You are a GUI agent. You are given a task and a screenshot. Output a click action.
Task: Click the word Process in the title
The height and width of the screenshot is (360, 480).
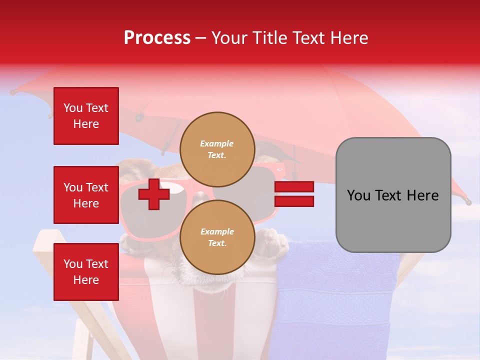pos(157,38)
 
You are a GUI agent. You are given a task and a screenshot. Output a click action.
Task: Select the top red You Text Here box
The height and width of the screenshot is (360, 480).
pos(86,116)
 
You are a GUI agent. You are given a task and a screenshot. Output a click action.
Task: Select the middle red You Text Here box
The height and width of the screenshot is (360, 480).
pos(86,195)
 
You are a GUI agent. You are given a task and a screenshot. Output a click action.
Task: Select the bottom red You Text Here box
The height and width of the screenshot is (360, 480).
pos(86,272)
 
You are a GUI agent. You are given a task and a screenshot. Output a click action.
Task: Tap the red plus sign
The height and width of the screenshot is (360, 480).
pos(154,194)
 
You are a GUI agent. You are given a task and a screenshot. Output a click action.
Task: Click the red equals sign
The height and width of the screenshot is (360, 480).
pos(294,194)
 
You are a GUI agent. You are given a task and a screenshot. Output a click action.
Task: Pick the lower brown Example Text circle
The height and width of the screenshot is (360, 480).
pos(216,237)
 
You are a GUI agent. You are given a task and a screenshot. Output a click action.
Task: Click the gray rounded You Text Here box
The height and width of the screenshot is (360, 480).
pos(393,195)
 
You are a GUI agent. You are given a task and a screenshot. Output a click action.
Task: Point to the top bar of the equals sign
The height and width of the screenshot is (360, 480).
pos(294,187)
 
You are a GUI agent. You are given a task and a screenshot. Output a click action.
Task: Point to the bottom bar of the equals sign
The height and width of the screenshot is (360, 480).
pos(294,201)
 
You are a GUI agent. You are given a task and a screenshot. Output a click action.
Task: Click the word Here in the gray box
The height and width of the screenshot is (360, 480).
pos(421,195)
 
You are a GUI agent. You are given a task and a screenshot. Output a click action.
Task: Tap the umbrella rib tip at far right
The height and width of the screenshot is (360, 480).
pos(468,202)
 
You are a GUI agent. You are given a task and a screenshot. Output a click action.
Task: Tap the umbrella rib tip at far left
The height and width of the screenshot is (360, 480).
pos(13,92)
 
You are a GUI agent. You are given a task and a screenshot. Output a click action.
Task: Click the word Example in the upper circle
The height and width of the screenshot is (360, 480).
pos(216,143)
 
